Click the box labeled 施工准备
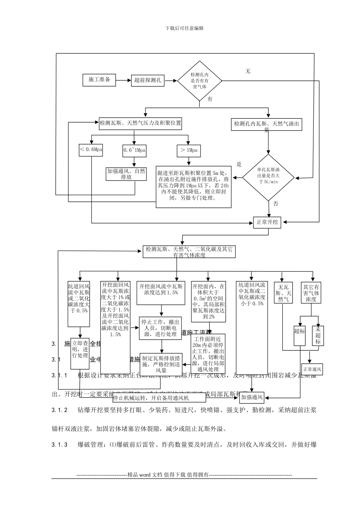coord(99,80)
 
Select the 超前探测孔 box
coord(148,80)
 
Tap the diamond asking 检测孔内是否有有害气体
coord(200,81)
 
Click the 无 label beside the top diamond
coord(248,71)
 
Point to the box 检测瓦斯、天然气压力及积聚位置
coord(140,123)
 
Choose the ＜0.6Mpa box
coord(91,150)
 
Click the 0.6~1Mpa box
coord(135,150)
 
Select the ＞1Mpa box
coord(189,150)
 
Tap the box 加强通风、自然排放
coord(126,174)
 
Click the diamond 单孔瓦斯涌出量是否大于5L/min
coord(268,177)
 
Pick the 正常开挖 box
coord(267,222)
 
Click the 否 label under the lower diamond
coord(275,204)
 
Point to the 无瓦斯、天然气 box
coord(283,293)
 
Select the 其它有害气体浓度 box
coord(311,293)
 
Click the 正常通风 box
coord(312,369)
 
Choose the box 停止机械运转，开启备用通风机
coord(151,398)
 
